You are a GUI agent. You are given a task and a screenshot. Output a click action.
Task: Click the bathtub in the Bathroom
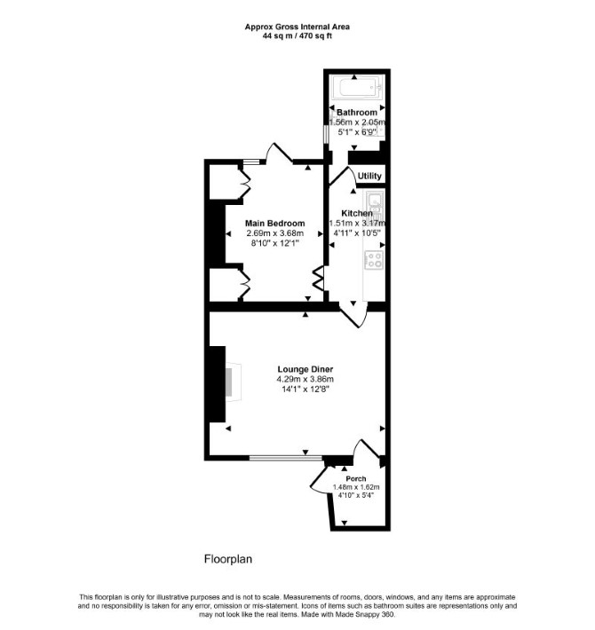(x=357, y=87)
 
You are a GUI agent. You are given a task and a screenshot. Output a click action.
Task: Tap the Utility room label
(x=369, y=176)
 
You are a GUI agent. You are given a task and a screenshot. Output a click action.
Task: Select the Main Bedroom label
(x=275, y=224)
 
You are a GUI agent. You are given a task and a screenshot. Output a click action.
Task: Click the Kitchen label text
(x=357, y=213)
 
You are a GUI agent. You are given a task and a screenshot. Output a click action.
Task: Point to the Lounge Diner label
(x=305, y=369)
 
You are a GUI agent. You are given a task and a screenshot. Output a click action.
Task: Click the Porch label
(x=356, y=478)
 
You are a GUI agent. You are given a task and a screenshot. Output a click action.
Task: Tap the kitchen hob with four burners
(x=374, y=260)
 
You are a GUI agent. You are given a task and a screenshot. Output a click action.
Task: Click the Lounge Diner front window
(x=285, y=457)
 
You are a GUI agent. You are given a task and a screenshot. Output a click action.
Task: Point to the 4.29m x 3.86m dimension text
(x=305, y=379)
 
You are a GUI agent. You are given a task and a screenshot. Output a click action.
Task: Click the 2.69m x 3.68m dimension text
(x=275, y=233)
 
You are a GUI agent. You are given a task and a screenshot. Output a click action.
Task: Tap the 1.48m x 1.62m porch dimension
(x=356, y=487)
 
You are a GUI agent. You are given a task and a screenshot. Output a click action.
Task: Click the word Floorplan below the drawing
(x=228, y=559)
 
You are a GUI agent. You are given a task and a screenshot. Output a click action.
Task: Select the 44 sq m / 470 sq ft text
(x=297, y=35)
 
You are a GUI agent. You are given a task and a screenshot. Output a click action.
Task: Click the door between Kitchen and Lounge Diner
(x=353, y=315)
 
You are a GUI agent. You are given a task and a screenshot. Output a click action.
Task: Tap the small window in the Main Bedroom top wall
(x=251, y=162)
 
